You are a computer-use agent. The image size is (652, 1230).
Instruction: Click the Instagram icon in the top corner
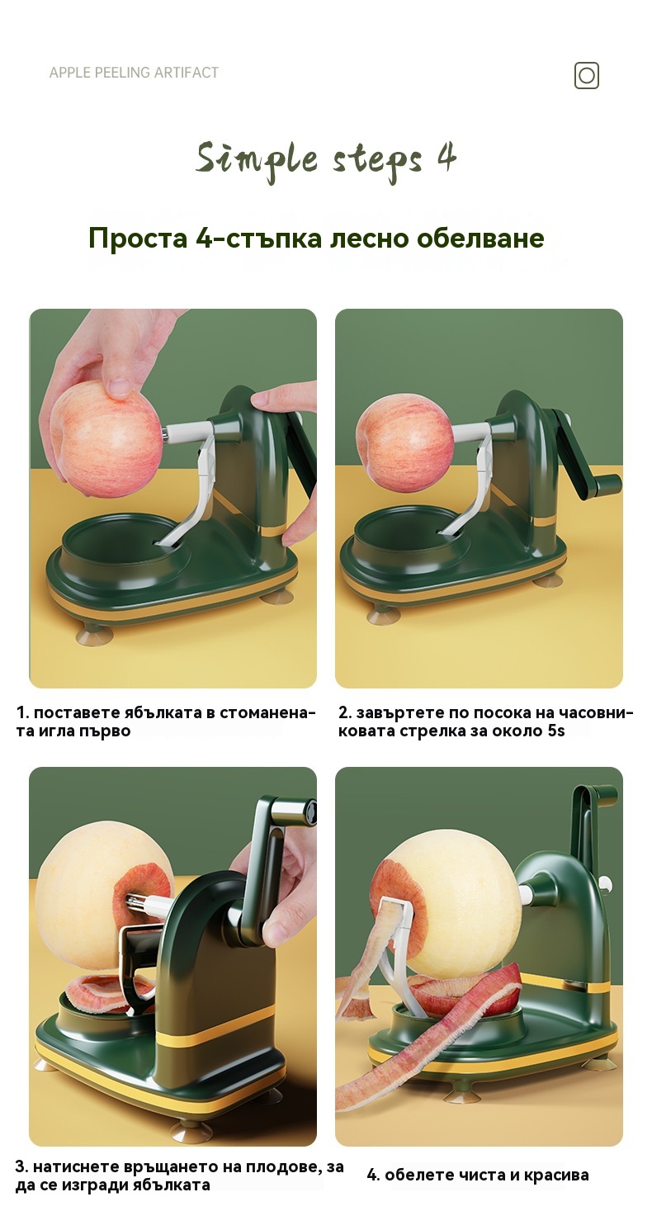coord(586,75)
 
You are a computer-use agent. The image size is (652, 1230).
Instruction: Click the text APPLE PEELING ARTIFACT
coord(134,73)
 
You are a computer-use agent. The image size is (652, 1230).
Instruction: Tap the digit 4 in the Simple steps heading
coord(446,157)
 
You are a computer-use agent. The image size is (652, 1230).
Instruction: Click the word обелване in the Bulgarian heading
coord(480,238)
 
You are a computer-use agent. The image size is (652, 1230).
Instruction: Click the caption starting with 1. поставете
coord(166,721)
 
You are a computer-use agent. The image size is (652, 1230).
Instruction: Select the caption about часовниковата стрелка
coord(486,721)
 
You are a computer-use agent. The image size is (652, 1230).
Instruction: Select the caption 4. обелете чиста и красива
coord(478,1175)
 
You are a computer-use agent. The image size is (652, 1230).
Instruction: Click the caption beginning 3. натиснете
coord(179,1175)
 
